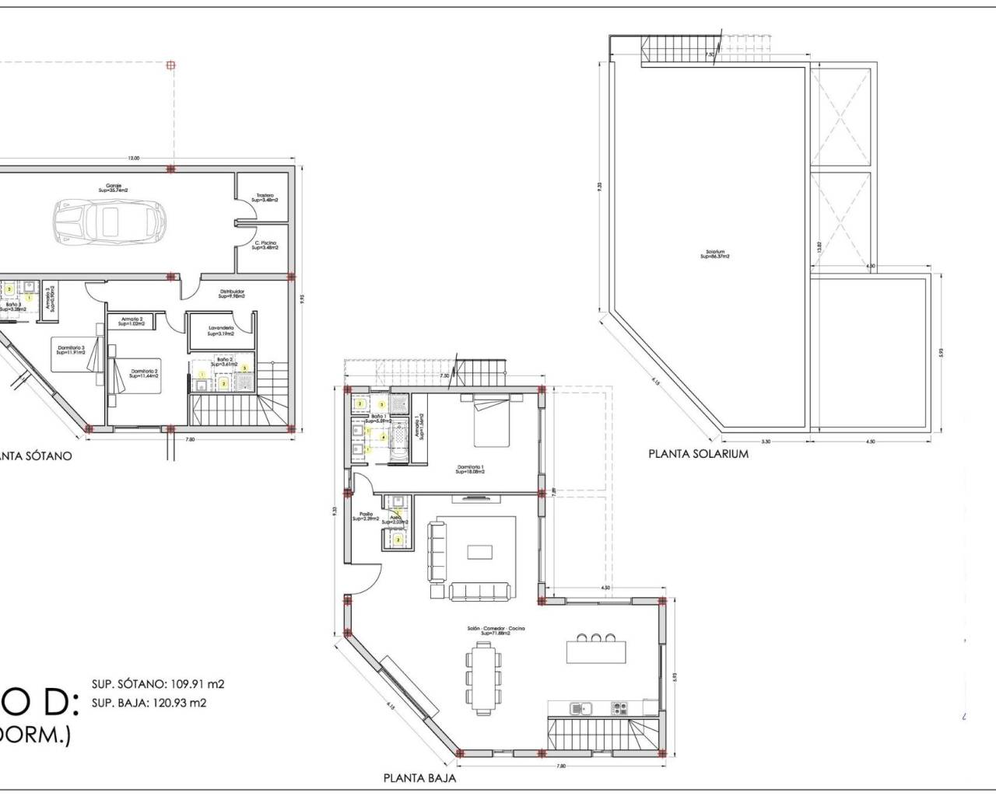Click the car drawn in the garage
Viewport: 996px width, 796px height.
coord(110,221)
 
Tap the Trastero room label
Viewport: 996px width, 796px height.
coord(265,197)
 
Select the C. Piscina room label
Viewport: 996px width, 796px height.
coord(265,245)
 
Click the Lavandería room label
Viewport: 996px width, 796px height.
coord(221,331)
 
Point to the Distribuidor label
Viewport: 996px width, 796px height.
coord(231,294)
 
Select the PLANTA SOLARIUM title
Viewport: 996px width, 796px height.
coord(698,453)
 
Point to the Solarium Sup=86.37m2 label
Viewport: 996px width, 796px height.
coord(715,253)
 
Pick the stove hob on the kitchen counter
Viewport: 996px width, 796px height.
coord(619,708)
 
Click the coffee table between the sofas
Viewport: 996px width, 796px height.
coord(479,551)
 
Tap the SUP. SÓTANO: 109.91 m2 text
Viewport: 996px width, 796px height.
coord(158,685)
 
